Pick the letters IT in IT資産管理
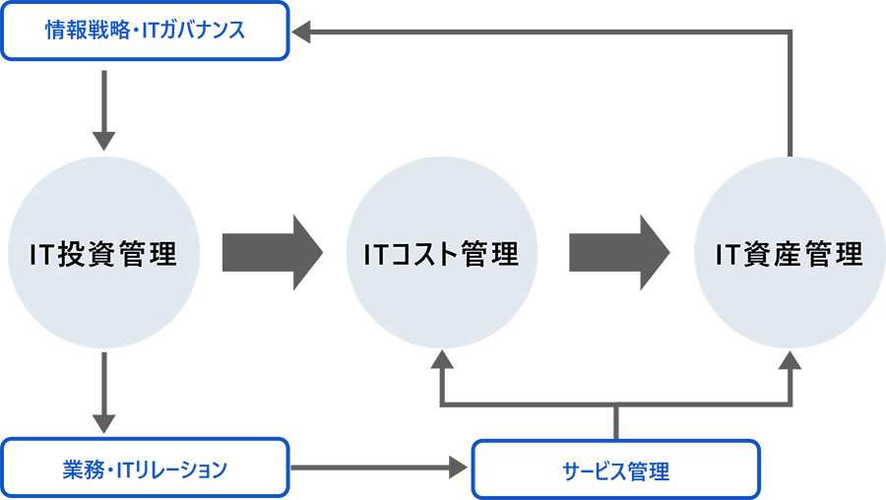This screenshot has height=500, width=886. (x=727, y=256)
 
